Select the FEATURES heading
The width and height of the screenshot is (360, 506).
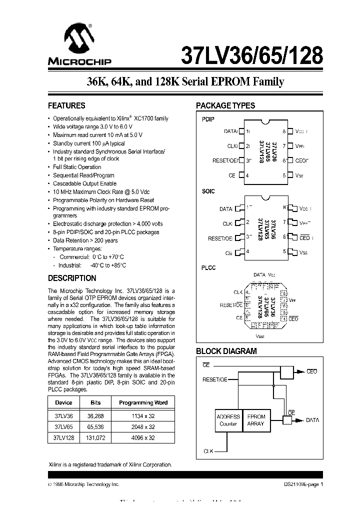[66, 106]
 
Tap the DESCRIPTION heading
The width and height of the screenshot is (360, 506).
[72, 278]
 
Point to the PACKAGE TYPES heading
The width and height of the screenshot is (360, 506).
[225, 106]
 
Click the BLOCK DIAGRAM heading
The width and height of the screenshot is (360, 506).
[226, 351]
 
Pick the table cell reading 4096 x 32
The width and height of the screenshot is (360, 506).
[143, 437]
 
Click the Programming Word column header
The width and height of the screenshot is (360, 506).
[143, 402]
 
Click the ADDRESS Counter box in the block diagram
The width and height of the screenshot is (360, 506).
[228, 420]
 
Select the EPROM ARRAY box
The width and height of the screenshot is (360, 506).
[256, 420]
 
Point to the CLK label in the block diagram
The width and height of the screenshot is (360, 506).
[208, 451]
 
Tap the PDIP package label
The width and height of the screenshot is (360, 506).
[208, 120]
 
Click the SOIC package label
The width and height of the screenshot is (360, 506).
[208, 191]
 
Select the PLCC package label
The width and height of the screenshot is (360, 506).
[208, 268]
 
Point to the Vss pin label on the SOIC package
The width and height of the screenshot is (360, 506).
[303, 253]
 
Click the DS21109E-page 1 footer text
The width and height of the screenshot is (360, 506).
[300, 484]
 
